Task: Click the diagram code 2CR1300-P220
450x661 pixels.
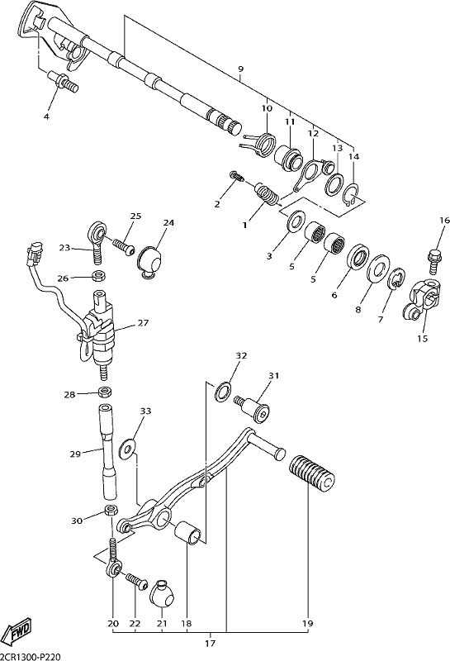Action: [x=31, y=657]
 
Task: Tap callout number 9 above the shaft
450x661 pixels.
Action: [x=240, y=69]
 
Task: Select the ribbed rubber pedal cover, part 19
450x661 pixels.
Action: [x=312, y=473]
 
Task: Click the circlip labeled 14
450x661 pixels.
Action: [x=351, y=196]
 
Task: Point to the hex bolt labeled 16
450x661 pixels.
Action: [x=434, y=259]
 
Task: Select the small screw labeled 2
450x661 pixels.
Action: [x=236, y=176]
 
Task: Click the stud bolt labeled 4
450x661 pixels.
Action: [x=64, y=82]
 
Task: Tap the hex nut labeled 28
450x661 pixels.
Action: [x=105, y=392]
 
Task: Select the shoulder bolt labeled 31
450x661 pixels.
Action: [x=253, y=407]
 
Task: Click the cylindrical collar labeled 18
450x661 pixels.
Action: [x=189, y=533]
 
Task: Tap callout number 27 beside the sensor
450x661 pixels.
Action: [x=144, y=323]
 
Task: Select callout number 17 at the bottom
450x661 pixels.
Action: [x=211, y=644]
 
